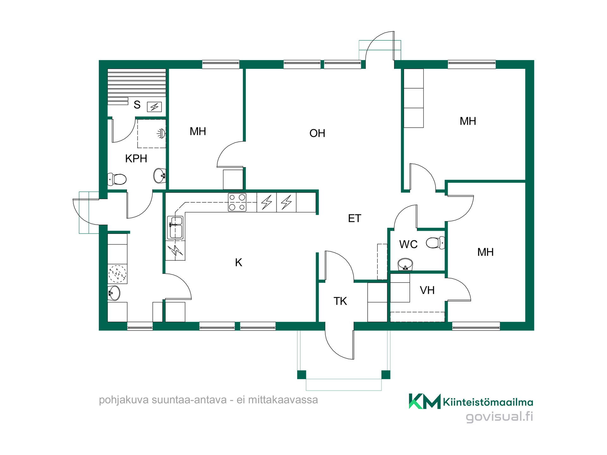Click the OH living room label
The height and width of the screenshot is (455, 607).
(x=317, y=133)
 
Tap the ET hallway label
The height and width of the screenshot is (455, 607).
(x=354, y=218)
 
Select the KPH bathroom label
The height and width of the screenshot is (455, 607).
(x=136, y=159)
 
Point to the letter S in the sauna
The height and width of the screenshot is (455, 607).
(x=137, y=105)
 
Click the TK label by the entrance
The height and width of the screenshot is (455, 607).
(x=340, y=301)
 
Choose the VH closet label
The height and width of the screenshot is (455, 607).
(x=427, y=290)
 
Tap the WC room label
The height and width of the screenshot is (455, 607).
(x=408, y=245)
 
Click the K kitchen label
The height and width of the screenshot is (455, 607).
(x=239, y=263)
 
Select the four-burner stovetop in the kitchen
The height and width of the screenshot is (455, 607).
(x=237, y=202)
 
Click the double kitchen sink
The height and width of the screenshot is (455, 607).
(x=175, y=227)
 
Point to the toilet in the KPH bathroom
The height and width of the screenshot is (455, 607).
(x=117, y=179)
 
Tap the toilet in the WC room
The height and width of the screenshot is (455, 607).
(x=435, y=243)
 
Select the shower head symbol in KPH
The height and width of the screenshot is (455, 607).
(x=162, y=134)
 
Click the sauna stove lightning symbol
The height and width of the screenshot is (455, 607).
(x=154, y=107)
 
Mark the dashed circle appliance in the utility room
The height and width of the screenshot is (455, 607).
(x=118, y=274)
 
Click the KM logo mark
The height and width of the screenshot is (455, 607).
(x=425, y=401)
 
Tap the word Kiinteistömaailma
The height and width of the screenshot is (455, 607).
(x=488, y=402)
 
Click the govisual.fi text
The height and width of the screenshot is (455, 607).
(x=500, y=416)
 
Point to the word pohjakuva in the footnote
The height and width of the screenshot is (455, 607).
(x=124, y=400)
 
